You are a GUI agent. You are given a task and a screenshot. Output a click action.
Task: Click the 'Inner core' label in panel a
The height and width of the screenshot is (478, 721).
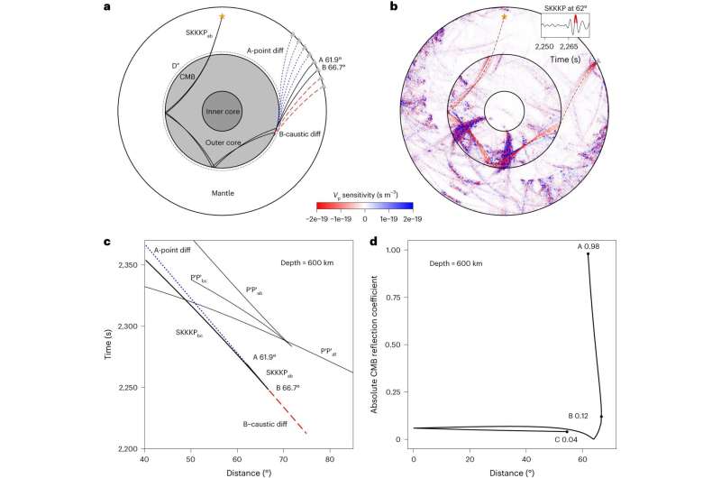pos(220,111)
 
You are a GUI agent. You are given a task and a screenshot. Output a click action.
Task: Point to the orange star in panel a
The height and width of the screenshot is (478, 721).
pos(220,16)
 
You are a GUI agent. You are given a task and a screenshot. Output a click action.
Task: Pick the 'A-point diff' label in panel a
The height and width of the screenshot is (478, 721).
pos(269,52)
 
